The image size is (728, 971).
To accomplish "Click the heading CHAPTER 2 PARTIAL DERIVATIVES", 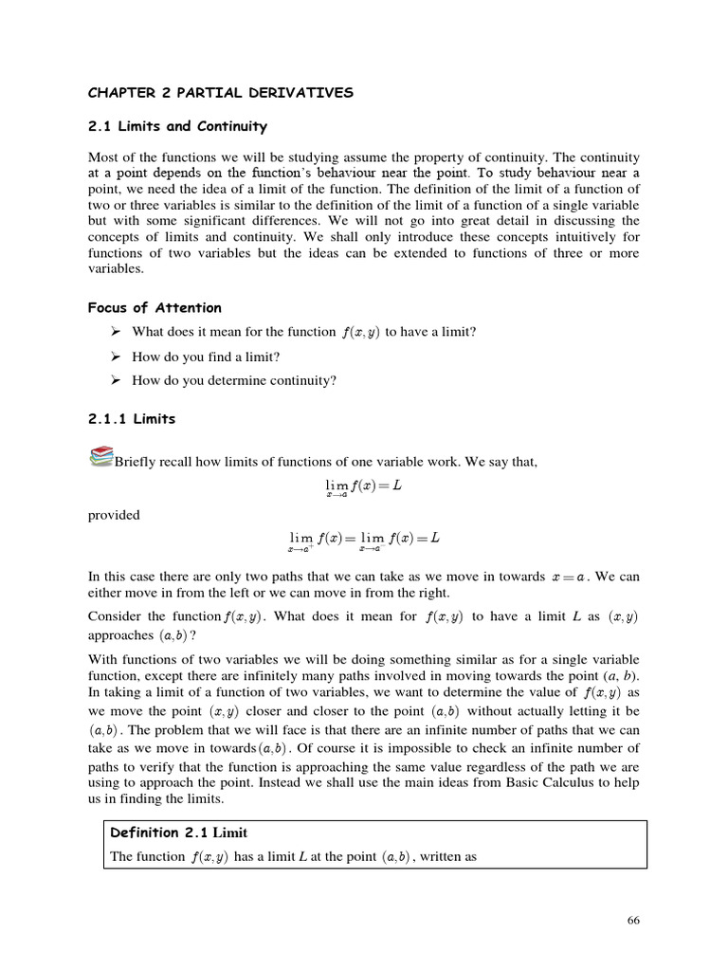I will (220, 92).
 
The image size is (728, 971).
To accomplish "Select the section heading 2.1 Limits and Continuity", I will (177, 126).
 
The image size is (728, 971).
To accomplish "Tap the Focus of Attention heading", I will (155, 307).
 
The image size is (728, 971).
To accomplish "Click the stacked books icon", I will (100, 458).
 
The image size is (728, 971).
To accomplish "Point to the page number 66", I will (635, 921).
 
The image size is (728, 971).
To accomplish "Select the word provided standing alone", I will (114, 515).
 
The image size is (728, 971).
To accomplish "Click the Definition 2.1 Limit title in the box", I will (178, 833).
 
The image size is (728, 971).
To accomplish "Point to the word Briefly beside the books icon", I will (134, 462).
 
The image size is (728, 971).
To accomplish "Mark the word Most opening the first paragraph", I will (102, 156).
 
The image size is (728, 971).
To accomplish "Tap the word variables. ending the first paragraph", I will (116, 269).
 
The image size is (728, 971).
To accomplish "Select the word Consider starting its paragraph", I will (115, 617).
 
